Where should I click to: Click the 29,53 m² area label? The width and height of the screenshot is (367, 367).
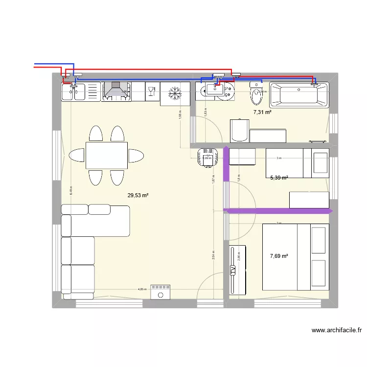[x=138, y=196]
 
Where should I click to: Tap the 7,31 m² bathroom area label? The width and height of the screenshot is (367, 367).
[x=262, y=112]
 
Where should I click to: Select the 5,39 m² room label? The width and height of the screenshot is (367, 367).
[x=279, y=178]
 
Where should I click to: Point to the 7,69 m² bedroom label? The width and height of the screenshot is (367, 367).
[x=279, y=255]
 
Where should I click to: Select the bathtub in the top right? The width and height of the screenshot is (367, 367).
[x=299, y=95]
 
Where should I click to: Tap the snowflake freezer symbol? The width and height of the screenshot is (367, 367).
[x=175, y=92]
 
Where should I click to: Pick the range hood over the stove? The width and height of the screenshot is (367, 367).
[x=116, y=92]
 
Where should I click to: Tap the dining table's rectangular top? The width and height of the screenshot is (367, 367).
[x=107, y=156]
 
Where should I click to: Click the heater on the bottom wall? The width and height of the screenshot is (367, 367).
[x=160, y=292]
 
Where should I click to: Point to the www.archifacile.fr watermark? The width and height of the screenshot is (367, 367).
[x=336, y=331]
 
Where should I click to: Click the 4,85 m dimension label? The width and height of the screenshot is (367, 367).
[x=142, y=289]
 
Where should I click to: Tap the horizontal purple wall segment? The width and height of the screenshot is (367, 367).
[x=278, y=211]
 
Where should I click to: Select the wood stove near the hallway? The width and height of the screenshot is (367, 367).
[x=207, y=157]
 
